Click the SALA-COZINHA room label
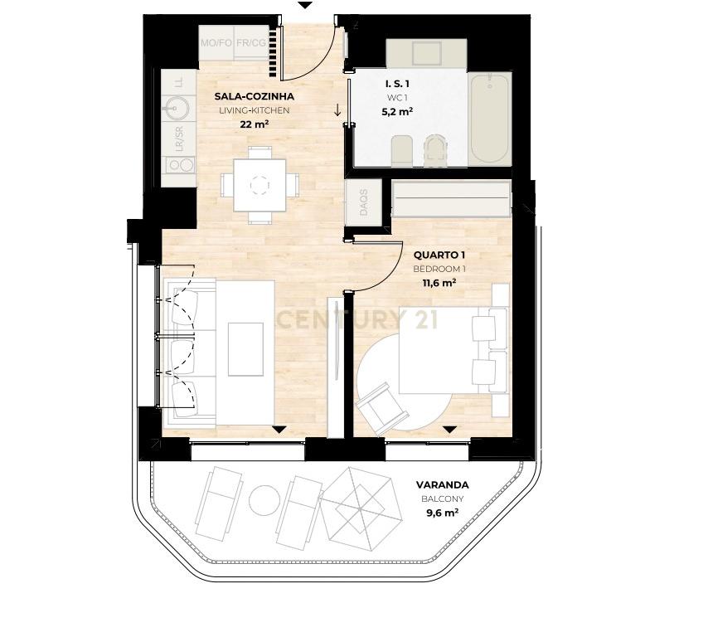click(255, 96)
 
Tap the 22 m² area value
click(255, 124)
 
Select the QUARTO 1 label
click(439, 255)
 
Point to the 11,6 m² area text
click(439, 283)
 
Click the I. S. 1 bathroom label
click(397, 84)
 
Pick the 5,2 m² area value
click(397, 111)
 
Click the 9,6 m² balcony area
click(442, 513)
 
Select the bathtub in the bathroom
click(489, 119)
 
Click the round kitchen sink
click(176, 109)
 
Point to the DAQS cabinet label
click(363, 203)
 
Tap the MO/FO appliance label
click(216, 43)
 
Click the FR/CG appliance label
click(251, 43)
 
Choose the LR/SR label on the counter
click(180, 139)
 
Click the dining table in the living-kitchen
click(259, 185)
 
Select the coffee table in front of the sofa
click(245, 349)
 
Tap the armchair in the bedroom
click(381, 408)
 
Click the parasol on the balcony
click(359, 506)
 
